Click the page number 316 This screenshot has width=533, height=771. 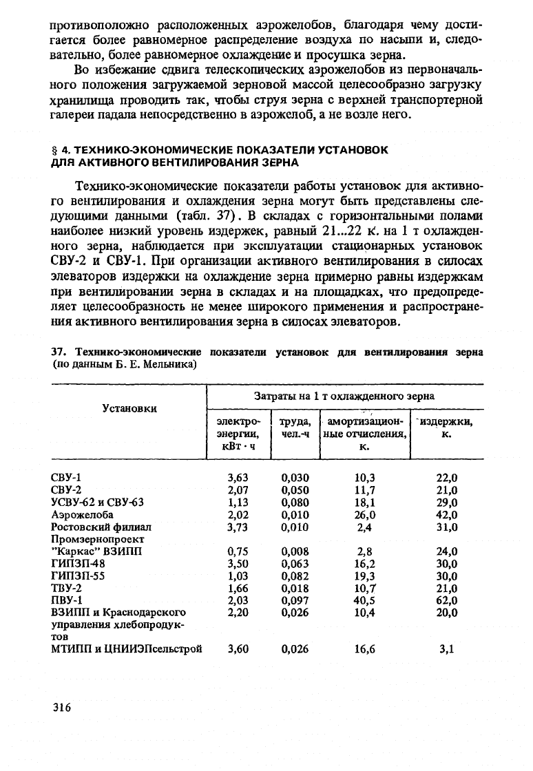tap(62, 708)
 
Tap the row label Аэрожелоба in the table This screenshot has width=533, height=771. tap(83, 514)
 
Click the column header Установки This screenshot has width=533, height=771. tap(129, 408)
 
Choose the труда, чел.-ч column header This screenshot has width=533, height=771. tap(295, 427)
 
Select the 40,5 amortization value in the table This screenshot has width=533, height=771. tap(364, 600)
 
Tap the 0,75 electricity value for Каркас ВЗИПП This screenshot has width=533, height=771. tap(238, 551)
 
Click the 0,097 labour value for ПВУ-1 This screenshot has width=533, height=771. tap(295, 600)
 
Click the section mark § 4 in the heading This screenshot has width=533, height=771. tap(61, 149)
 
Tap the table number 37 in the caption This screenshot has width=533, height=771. tap(59, 352)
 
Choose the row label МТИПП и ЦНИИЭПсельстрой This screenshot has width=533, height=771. tap(127, 648)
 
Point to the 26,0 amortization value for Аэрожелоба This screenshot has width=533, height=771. tap(364, 514)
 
